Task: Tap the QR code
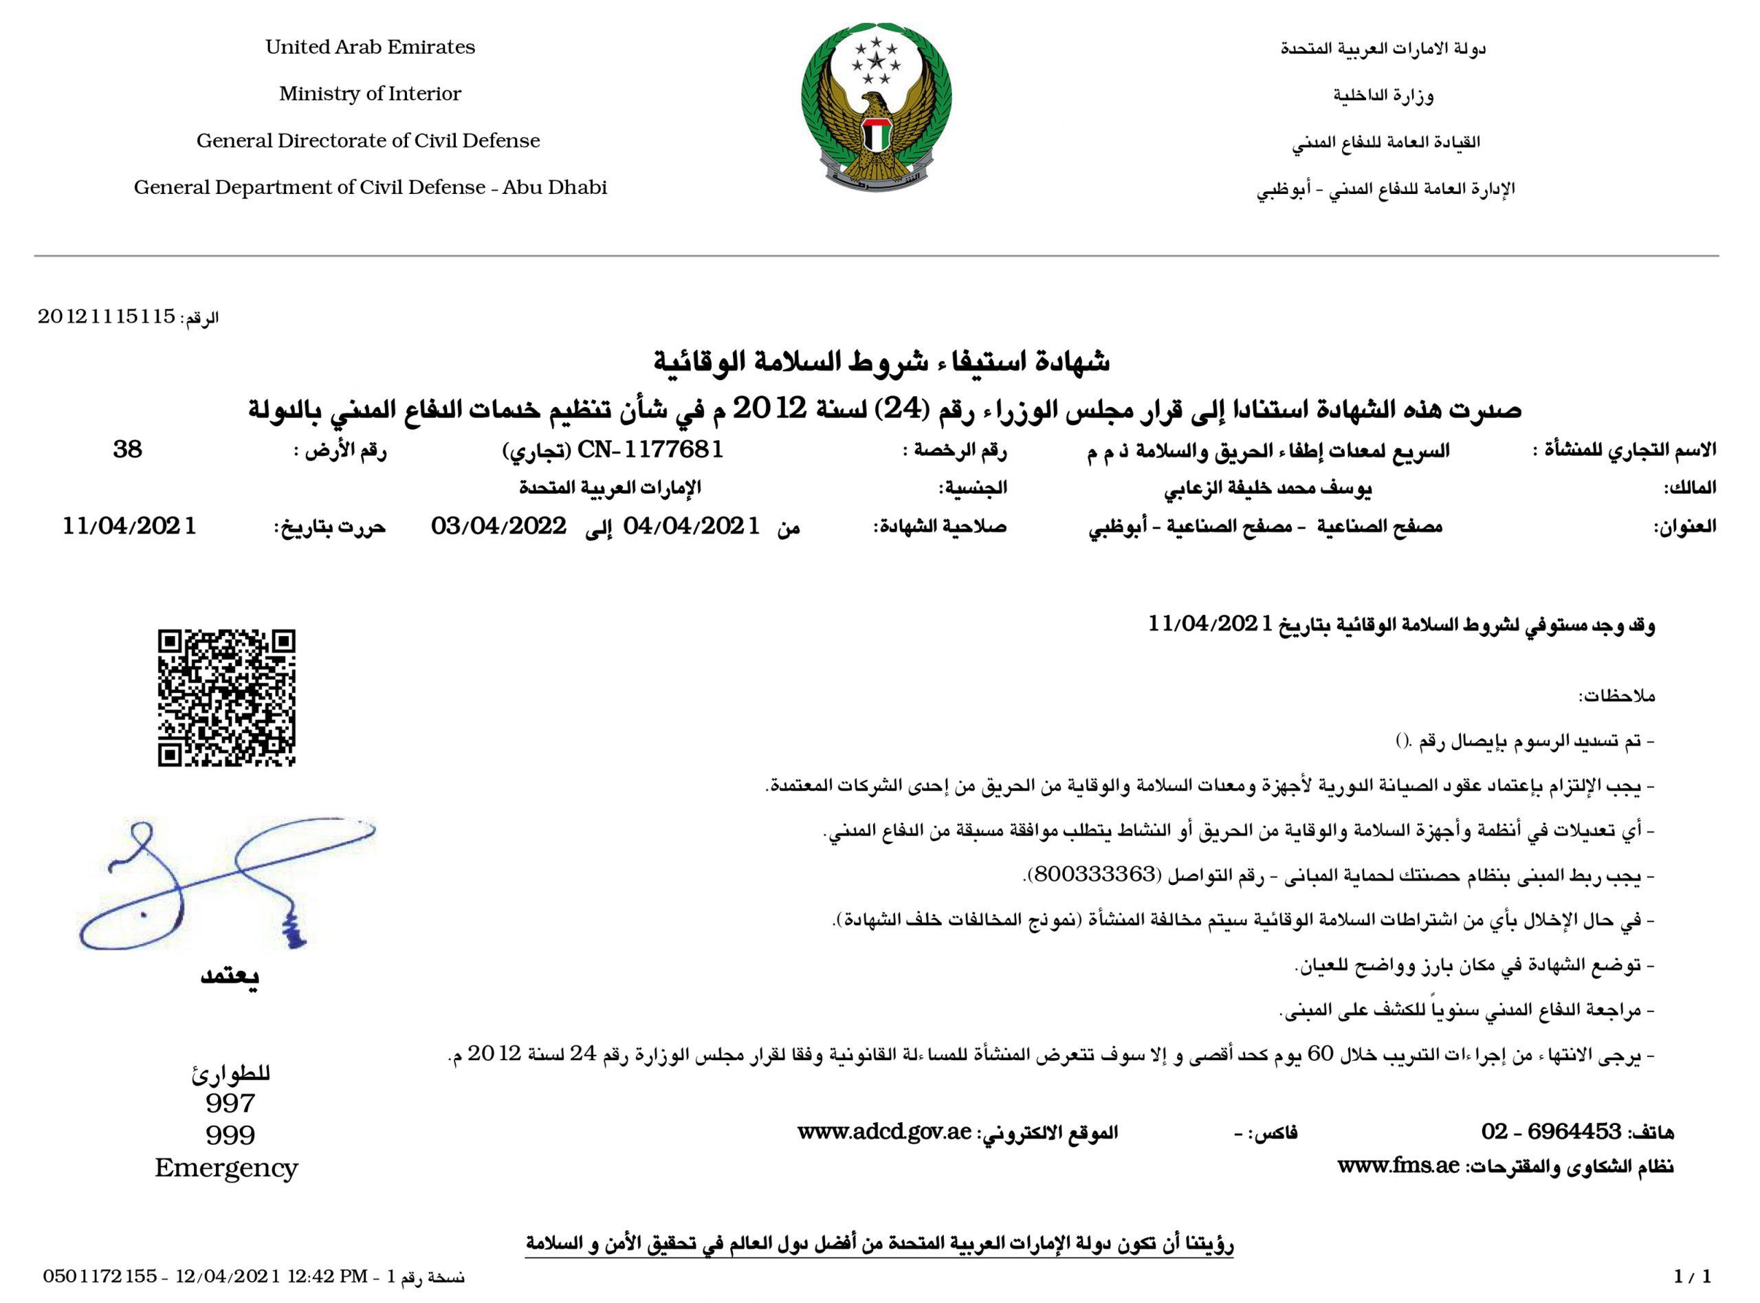pyautogui.click(x=226, y=697)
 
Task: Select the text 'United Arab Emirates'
pyautogui.click(x=370, y=47)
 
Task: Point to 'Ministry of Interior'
pyautogui.click(x=370, y=94)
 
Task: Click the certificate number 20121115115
pyautogui.click(x=107, y=317)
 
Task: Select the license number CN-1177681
pyautogui.click(x=650, y=450)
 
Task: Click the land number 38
pyautogui.click(x=128, y=450)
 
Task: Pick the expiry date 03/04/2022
pyautogui.click(x=498, y=526)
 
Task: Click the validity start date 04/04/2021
pyautogui.click(x=692, y=526)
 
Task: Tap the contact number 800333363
pyautogui.click(x=1092, y=875)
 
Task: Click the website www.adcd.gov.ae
pyautogui.click(x=883, y=1132)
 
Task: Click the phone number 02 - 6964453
pyautogui.click(x=1550, y=1132)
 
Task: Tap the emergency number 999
pyautogui.click(x=230, y=1135)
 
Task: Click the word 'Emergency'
pyautogui.click(x=226, y=1168)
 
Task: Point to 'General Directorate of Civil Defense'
pyautogui.click(x=368, y=140)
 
